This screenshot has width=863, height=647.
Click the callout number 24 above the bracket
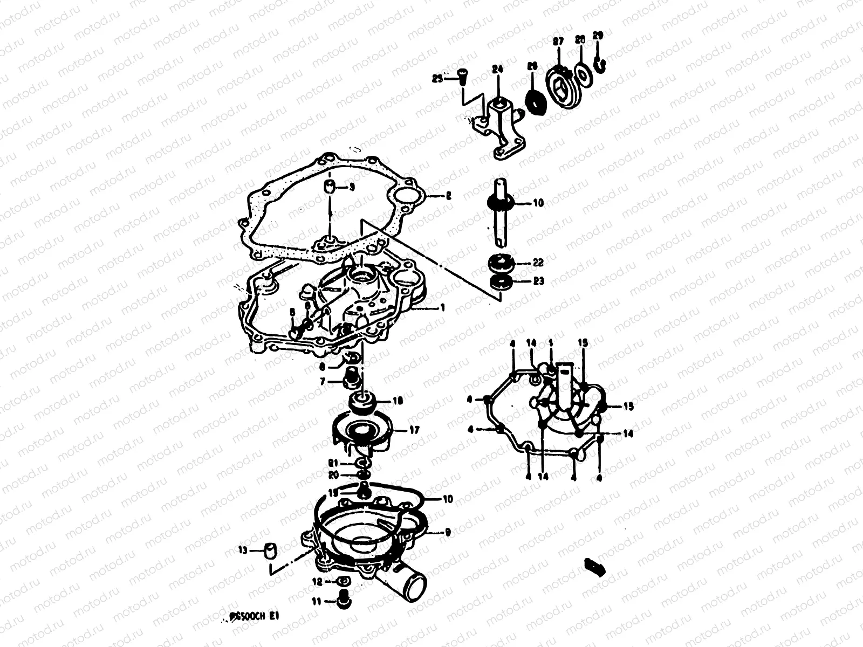click(497, 69)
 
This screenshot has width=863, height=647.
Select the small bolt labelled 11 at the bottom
click(341, 601)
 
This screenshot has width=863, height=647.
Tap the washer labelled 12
click(343, 582)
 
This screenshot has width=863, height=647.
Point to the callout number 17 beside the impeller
click(414, 430)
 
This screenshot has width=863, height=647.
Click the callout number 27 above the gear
click(558, 42)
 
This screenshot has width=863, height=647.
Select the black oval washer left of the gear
click(535, 102)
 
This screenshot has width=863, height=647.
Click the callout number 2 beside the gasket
click(448, 197)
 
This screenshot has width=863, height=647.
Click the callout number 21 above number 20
click(333, 464)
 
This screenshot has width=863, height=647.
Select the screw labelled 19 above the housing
click(364, 490)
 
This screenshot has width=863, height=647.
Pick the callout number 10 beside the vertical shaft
click(538, 203)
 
